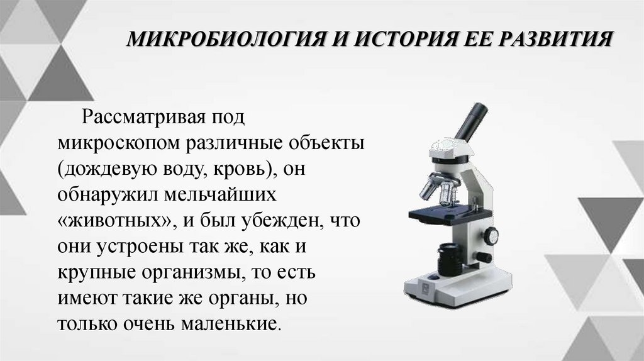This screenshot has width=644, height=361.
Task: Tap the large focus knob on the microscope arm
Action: tap(491, 236)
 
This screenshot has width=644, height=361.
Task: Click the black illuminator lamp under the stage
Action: tap(450, 257)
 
